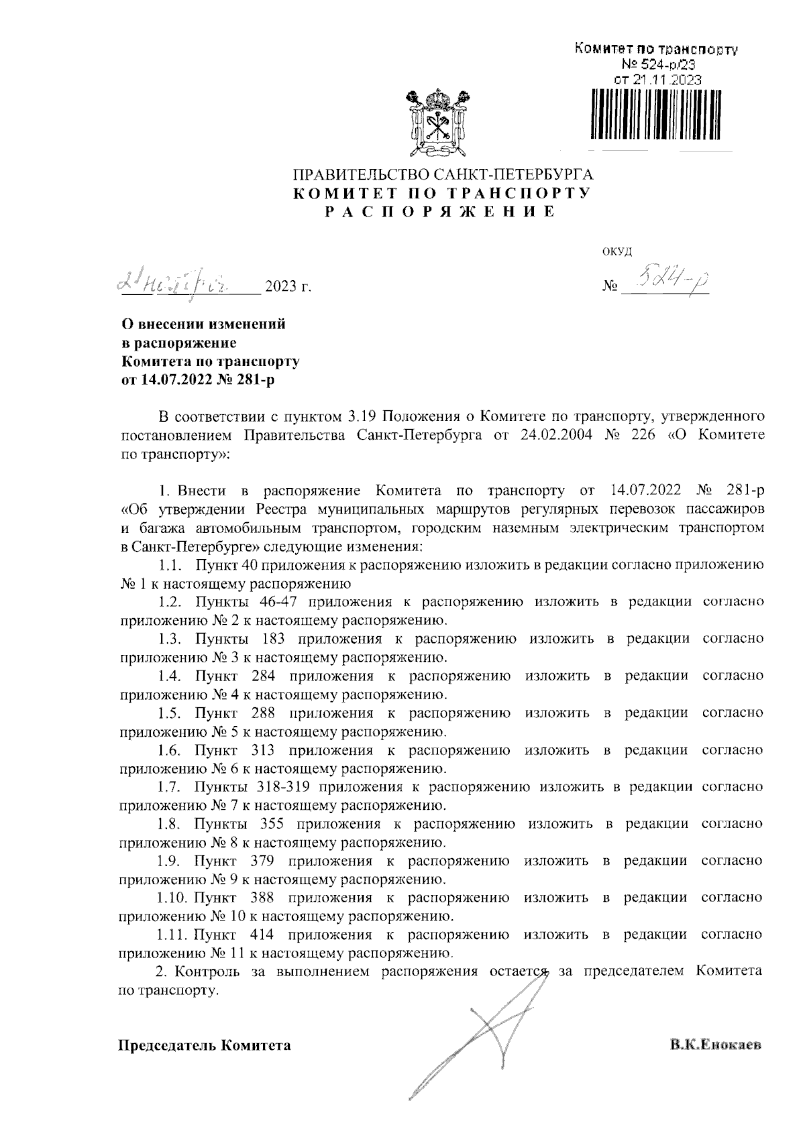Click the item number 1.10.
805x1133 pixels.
click(173, 897)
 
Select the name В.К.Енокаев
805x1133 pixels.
click(716, 1045)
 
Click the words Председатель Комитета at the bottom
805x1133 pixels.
click(205, 1045)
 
